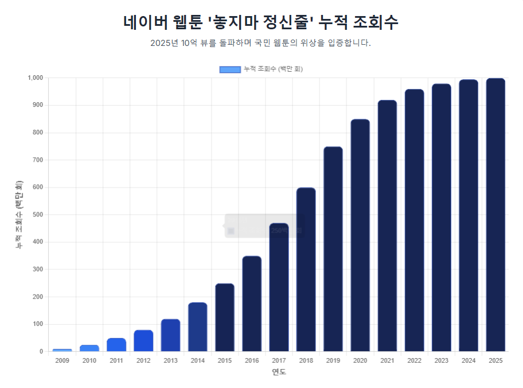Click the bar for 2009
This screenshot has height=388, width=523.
(x=62, y=350)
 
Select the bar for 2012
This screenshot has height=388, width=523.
(x=143, y=341)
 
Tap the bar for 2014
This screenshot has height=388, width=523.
(x=197, y=327)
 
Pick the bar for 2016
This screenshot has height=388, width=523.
(x=252, y=304)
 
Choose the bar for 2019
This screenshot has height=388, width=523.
(x=333, y=249)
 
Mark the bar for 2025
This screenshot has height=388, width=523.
(x=495, y=215)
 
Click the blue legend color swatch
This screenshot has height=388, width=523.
(x=230, y=69)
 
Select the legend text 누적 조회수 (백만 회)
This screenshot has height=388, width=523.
(x=273, y=69)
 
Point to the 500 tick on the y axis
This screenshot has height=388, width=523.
(x=38, y=215)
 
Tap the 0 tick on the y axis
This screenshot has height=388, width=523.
(x=41, y=351)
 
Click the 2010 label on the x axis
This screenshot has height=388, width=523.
(x=89, y=360)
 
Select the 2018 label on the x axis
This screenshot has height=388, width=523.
(x=306, y=360)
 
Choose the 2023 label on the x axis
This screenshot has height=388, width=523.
(x=441, y=360)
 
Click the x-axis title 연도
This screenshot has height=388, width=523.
(x=279, y=372)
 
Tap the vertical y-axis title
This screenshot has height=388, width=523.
(x=19, y=215)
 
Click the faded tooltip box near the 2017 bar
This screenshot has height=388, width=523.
(x=263, y=226)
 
